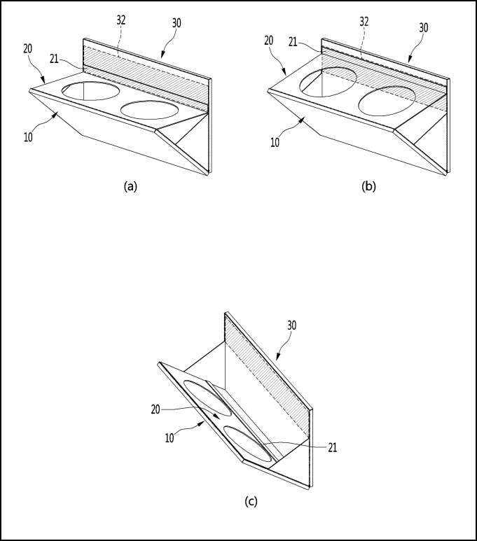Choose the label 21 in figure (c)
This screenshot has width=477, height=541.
click(331, 446)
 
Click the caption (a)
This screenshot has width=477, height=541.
click(130, 186)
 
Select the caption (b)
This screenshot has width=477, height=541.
click(368, 186)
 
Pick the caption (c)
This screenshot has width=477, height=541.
click(250, 501)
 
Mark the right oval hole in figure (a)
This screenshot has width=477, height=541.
click(151, 110)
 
